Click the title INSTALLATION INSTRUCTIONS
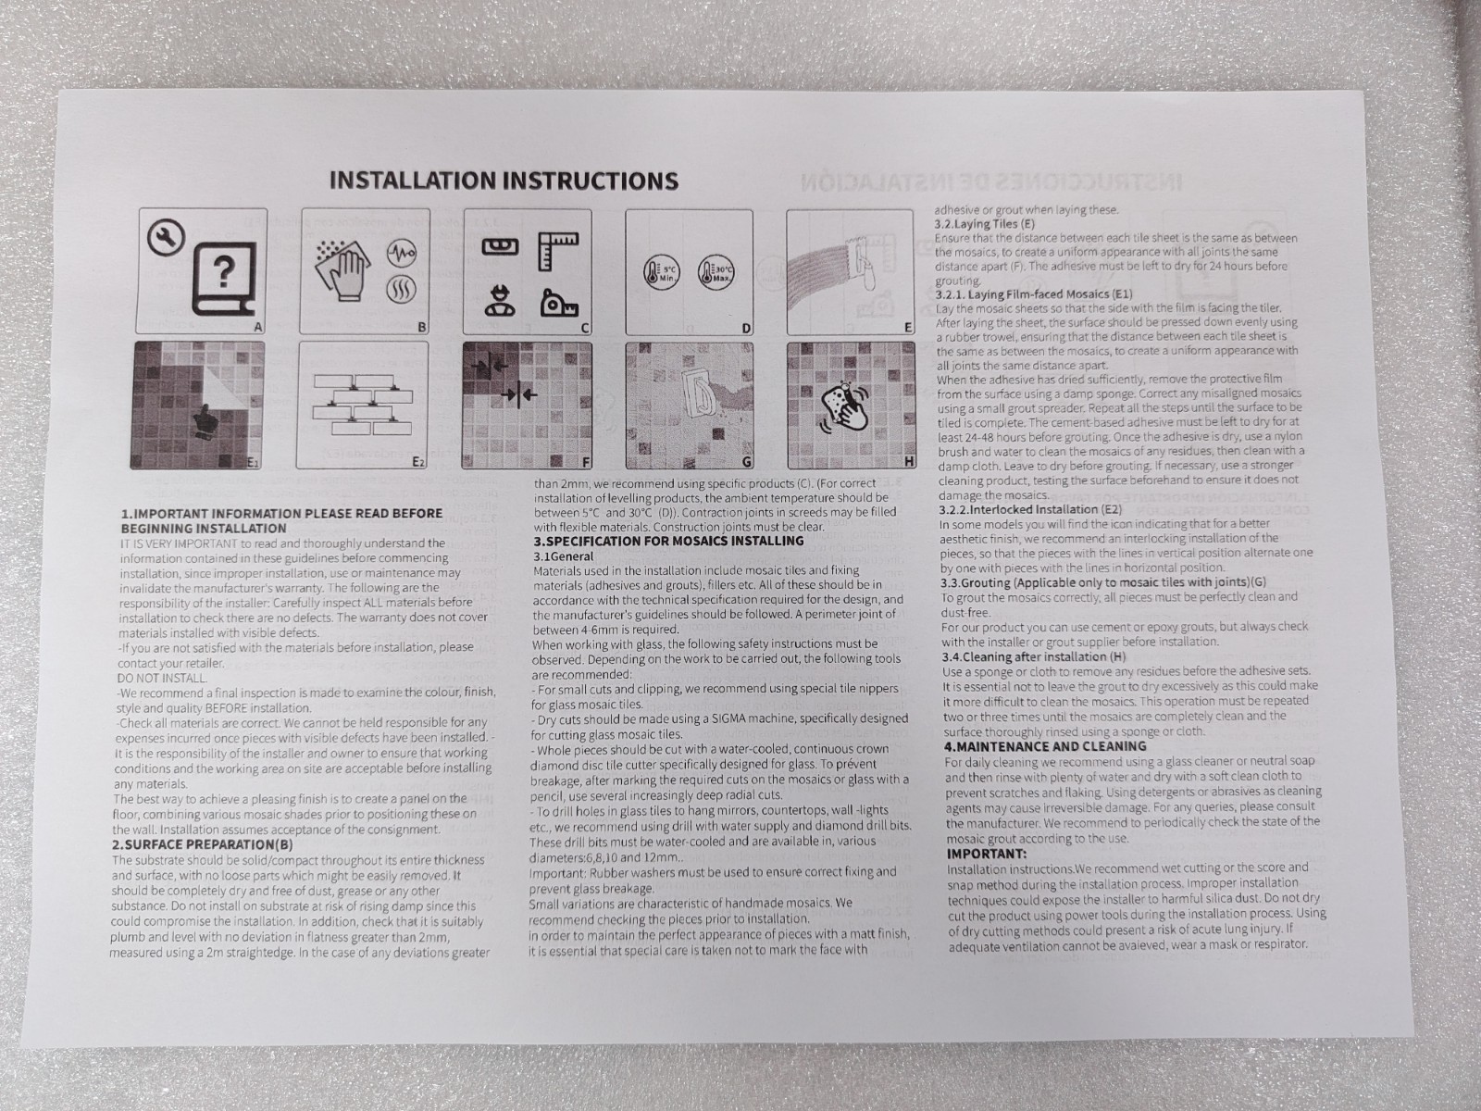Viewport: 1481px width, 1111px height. tap(504, 181)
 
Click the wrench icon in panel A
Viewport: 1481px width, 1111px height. tap(166, 238)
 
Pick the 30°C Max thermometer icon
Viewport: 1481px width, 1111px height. tap(716, 273)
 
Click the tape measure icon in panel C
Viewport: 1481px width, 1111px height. tap(559, 305)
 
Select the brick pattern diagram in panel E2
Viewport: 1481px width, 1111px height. tap(362, 403)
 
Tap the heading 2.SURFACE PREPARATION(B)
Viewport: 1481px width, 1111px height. tap(202, 844)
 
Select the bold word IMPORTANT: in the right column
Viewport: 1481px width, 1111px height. tap(987, 854)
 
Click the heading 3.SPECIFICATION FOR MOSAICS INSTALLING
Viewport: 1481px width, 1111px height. tap(668, 541)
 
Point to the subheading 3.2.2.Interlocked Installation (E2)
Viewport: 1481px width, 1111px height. tap(1030, 508)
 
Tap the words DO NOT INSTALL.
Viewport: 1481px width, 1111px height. tap(162, 678)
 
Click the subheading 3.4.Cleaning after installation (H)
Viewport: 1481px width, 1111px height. tap(1034, 656)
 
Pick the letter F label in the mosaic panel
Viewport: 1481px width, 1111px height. tap(586, 462)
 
